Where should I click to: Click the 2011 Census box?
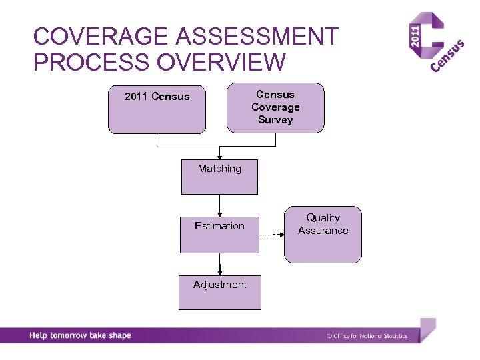pyautogui.click(x=157, y=109)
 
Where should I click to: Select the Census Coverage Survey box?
pyautogui.click(x=275, y=107)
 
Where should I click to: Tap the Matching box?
pyautogui.click(x=219, y=177)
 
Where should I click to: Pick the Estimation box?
pyautogui.click(x=219, y=235)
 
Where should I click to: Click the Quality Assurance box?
pyautogui.click(x=323, y=235)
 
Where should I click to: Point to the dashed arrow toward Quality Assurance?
pyautogui.click(x=271, y=236)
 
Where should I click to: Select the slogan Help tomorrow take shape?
pyautogui.click(x=80, y=335)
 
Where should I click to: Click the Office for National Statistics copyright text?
pyautogui.click(x=367, y=336)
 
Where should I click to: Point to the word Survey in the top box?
pyautogui.click(x=275, y=120)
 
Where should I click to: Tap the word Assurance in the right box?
pyautogui.click(x=323, y=231)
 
